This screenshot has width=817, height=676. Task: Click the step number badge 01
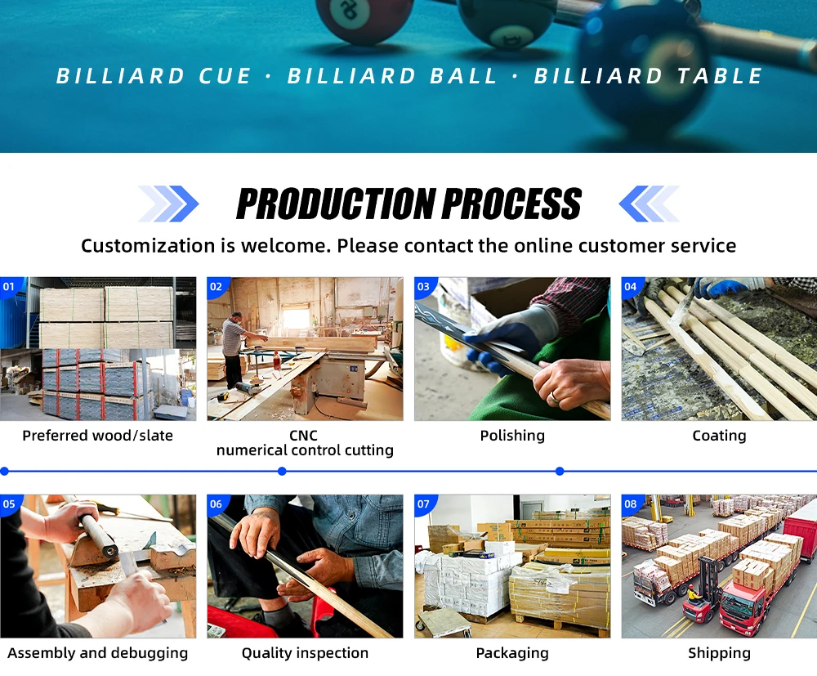(9, 287)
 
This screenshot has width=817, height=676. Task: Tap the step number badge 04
(631, 287)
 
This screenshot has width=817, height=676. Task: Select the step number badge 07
(423, 504)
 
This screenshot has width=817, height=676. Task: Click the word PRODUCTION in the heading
(336, 204)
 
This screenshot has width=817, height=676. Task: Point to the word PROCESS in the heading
(511, 204)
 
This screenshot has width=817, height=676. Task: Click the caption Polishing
(512, 436)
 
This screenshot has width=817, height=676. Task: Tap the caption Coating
(719, 436)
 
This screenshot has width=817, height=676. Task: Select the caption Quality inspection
(305, 653)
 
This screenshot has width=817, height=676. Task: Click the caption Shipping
(719, 653)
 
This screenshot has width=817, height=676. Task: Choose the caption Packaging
(512, 653)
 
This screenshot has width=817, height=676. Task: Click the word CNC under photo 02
(303, 435)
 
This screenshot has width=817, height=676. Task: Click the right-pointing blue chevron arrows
(168, 204)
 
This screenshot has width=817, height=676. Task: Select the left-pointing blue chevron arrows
(650, 204)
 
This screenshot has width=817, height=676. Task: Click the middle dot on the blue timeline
(282, 471)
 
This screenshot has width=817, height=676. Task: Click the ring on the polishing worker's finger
(553, 398)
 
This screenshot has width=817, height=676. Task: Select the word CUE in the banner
(225, 76)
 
